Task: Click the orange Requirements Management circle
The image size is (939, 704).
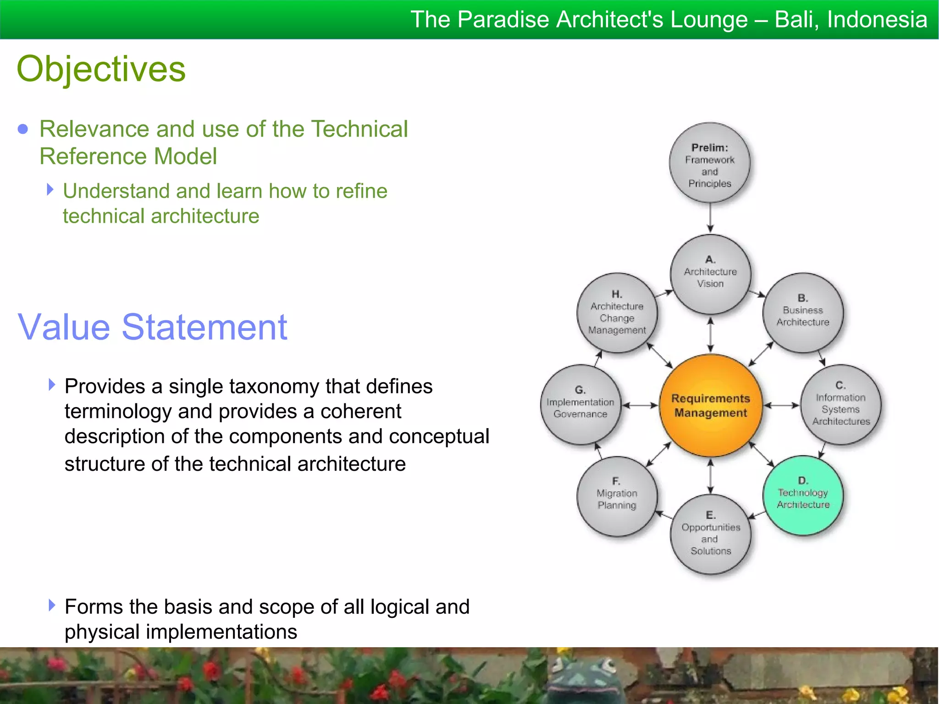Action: [710, 405]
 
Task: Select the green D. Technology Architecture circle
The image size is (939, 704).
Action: [803, 495]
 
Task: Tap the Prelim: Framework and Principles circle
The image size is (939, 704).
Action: [709, 163]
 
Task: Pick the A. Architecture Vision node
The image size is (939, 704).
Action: [710, 274]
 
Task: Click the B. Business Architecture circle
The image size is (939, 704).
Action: [802, 313]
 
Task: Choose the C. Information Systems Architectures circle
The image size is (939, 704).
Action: [840, 405]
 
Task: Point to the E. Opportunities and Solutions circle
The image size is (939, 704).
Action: [710, 534]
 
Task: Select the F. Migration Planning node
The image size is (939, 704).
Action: [617, 496]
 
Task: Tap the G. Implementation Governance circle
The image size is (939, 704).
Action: [580, 405]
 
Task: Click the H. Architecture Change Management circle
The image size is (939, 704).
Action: [617, 313]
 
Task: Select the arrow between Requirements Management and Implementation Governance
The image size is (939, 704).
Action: [640, 405]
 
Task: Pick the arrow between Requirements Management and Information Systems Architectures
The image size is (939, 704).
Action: [781, 405]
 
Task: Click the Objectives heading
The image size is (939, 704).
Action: [101, 69]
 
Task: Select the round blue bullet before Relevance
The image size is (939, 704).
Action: [22, 129]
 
